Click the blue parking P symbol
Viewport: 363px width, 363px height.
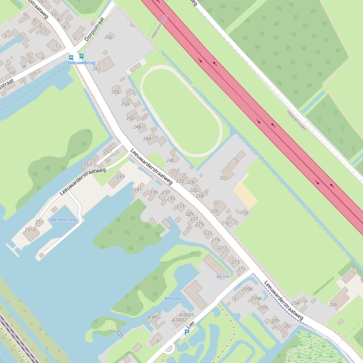[x=186, y=332]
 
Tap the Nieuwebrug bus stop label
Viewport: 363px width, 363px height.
[x=81, y=63]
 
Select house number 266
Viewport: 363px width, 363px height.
[x=109, y=37]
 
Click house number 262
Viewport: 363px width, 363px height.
[x=96, y=68]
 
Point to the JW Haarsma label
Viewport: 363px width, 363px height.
[x=63, y=220]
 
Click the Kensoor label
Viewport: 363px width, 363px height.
[x=173, y=298]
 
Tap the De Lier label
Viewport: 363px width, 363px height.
[x=224, y=276]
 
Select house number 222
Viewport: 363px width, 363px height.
[x=224, y=178]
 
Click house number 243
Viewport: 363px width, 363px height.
[x=120, y=176]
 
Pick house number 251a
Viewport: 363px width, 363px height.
[x=30, y=230]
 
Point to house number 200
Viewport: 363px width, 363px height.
[x=333, y=305]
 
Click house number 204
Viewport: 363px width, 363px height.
[x=295, y=303]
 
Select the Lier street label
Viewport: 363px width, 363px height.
[x=190, y=325]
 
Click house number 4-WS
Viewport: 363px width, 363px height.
[x=153, y=317]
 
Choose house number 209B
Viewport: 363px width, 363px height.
[x=247, y=289]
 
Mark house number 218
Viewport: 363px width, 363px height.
[x=244, y=213]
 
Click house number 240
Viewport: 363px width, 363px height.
[x=170, y=160]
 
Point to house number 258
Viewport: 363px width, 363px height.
[x=115, y=92]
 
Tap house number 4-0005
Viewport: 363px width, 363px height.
[x=186, y=314]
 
